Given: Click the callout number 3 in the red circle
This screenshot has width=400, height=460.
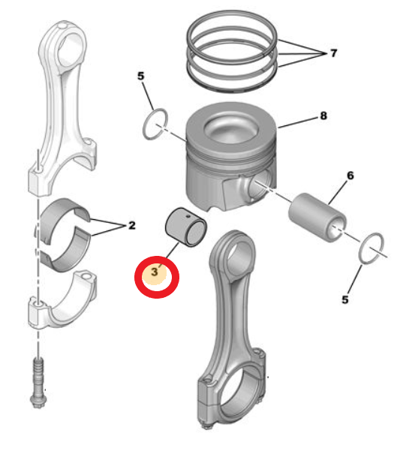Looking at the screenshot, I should pyautogui.click(x=155, y=273).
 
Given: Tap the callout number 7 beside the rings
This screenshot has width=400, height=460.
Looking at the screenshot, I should pyautogui.click(x=332, y=54).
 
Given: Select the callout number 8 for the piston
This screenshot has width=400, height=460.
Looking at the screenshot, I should pyautogui.click(x=323, y=116).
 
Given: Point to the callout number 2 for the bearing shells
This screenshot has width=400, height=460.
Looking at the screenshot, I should pyautogui.click(x=131, y=225).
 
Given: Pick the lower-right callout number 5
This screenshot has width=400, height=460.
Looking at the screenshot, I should pyautogui.click(x=345, y=299).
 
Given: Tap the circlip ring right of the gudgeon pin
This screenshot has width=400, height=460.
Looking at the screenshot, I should pyautogui.click(x=372, y=248).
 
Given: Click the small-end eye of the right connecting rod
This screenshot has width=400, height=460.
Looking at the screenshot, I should pyautogui.click(x=236, y=251).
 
